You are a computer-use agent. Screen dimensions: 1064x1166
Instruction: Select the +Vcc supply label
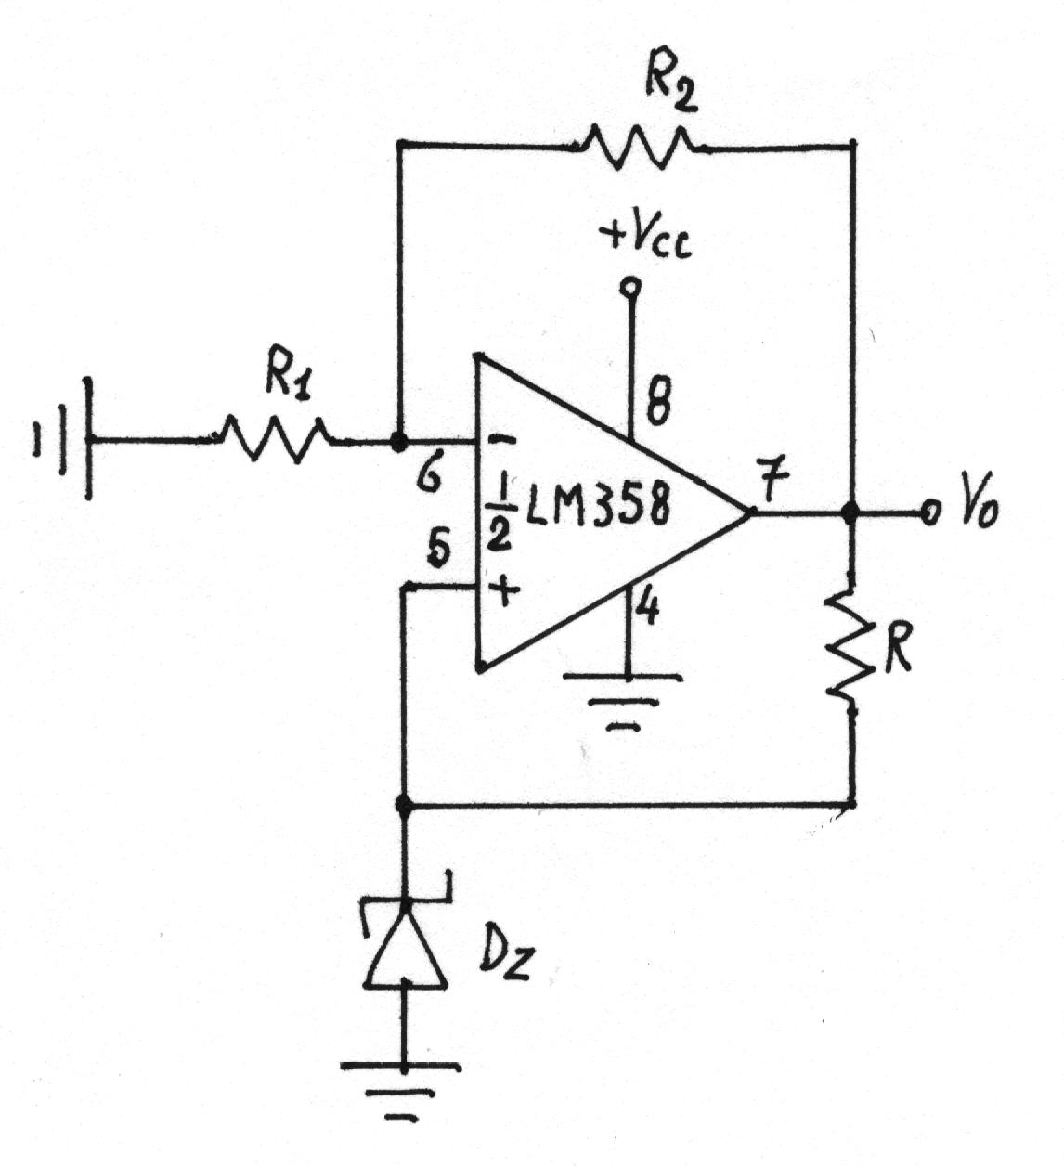click(x=645, y=240)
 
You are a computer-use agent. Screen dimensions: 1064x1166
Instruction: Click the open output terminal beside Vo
click(x=929, y=512)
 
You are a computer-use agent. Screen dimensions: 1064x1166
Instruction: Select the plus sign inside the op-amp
click(x=506, y=590)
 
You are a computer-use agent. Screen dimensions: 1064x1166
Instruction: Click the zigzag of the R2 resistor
click(x=637, y=148)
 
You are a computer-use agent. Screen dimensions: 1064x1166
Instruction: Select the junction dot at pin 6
click(x=399, y=442)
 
